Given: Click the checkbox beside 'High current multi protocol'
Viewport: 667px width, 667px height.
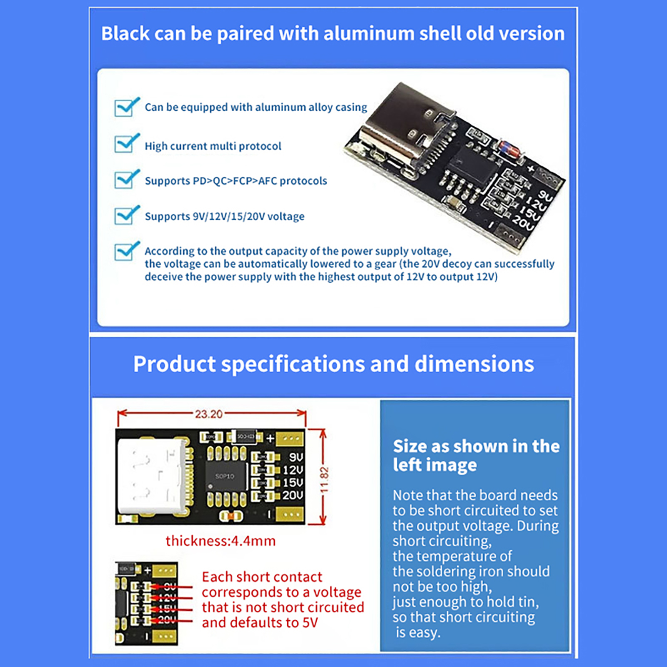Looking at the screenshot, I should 124,144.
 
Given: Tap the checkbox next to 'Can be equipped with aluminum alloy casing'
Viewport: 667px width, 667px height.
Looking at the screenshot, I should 124,108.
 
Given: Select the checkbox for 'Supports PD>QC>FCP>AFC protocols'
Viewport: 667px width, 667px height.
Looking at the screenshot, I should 124,180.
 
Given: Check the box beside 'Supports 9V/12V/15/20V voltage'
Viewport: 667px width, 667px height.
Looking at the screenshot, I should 124,216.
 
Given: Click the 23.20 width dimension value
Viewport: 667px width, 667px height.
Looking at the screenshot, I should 208,414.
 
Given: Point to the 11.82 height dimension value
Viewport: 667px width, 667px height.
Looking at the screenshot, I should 324,479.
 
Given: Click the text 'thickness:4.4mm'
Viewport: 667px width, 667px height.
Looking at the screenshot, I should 221,541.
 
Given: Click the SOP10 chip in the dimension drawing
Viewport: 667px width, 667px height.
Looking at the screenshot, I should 225,476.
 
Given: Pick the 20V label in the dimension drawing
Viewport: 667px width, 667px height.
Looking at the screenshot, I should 293,495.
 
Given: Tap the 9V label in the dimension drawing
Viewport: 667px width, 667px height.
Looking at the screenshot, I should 296,457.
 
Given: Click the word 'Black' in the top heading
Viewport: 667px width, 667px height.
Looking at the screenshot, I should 125,33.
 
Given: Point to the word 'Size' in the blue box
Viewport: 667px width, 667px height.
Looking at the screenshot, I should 410,446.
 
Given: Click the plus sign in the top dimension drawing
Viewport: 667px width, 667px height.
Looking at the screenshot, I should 270,438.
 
